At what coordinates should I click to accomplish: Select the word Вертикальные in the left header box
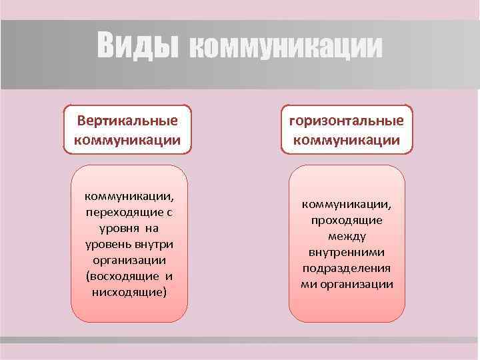click(127, 121)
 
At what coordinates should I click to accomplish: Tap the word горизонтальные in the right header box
click(347, 121)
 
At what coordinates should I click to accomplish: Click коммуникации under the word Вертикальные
click(127, 140)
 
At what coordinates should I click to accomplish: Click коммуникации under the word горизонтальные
click(347, 140)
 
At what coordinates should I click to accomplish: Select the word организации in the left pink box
click(127, 261)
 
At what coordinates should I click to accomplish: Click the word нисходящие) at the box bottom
click(127, 293)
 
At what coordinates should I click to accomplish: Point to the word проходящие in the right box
click(347, 220)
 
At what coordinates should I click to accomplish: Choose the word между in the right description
click(347, 237)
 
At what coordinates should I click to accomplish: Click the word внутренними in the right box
click(347, 253)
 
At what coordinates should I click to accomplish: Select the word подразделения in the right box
click(347, 269)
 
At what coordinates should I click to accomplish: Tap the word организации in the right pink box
click(357, 285)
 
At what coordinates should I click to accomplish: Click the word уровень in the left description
click(109, 245)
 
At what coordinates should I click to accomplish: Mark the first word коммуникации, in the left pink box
click(127, 197)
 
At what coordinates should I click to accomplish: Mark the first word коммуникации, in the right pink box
click(347, 204)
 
